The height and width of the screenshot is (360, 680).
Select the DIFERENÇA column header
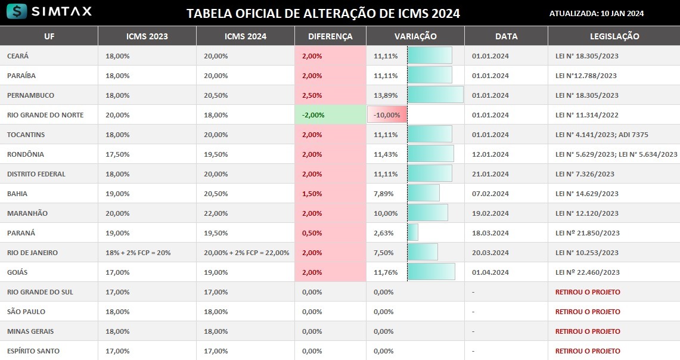tap(330, 36)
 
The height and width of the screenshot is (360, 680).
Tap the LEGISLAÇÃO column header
tap(614, 36)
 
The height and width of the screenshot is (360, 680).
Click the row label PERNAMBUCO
tap(30, 95)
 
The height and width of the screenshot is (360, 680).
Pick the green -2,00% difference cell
tap(330, 115)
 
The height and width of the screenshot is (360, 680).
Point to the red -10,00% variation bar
tap(387, 115)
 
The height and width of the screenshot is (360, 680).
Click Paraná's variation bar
tap(413, 232)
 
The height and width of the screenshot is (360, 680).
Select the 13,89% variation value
tap(386, 95)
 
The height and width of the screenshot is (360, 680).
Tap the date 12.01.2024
tap(490, 154)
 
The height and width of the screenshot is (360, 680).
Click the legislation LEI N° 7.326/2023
tap(585, 174)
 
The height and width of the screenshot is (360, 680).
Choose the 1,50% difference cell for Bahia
tap(312, 194)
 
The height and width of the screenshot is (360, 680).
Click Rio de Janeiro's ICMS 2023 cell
tap(138, 253)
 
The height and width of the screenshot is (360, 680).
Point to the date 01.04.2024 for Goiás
tap(490, 272)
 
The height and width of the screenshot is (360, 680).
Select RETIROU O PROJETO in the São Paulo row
tap(588, 312)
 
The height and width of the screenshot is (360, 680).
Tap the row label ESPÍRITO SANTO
tap(33, 351)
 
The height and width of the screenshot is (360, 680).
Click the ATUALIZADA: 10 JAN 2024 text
tap(596, 14)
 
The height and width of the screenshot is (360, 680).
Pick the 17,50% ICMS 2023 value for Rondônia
tap(117, 154)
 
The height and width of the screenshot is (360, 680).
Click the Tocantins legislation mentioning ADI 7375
tap(602, 135)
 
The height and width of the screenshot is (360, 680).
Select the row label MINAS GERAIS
tap(31, 331)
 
